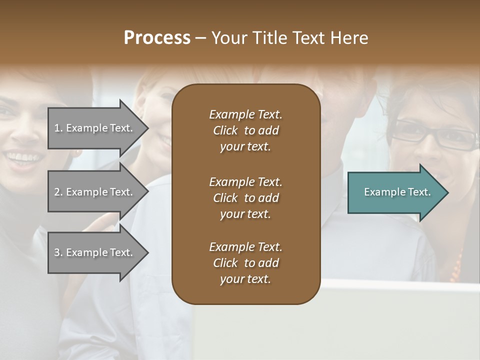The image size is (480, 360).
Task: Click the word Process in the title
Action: point(157,38)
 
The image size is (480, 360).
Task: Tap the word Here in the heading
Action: point(348,38)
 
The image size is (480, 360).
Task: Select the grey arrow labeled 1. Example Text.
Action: point(95,128)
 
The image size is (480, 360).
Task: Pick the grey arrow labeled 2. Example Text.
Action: point(95,192)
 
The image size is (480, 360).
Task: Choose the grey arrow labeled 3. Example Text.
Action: point(95,252)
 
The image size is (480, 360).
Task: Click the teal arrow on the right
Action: point(395,192)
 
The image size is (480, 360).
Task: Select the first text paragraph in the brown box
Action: point(245,130)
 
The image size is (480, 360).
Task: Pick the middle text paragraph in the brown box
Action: point(245,198)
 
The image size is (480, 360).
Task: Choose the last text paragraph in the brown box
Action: point(245,263)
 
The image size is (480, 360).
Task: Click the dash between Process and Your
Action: point(201,38)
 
